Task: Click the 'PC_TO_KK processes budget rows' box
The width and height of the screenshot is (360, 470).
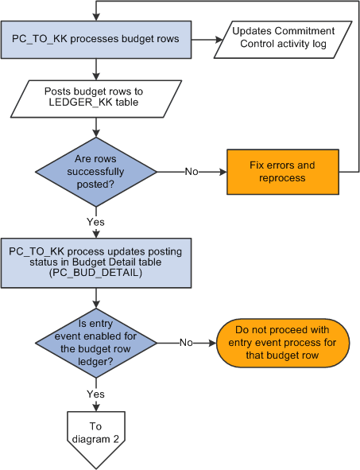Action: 96,38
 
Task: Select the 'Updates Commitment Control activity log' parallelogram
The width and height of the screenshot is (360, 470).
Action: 283,38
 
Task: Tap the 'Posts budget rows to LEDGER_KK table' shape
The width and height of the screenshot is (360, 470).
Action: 95,98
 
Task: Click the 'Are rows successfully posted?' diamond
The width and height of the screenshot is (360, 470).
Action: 96,171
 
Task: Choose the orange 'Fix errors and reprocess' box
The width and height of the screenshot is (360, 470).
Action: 283,171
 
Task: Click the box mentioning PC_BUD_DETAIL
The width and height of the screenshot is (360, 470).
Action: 96,262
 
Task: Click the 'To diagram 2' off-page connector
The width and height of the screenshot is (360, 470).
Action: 96,433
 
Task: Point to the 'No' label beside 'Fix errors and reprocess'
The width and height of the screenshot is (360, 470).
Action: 192,171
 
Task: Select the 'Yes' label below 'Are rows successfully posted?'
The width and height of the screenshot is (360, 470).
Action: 96,222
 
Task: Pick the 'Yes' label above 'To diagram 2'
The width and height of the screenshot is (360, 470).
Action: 96,394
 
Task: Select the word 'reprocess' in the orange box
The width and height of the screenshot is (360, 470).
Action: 283,178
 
